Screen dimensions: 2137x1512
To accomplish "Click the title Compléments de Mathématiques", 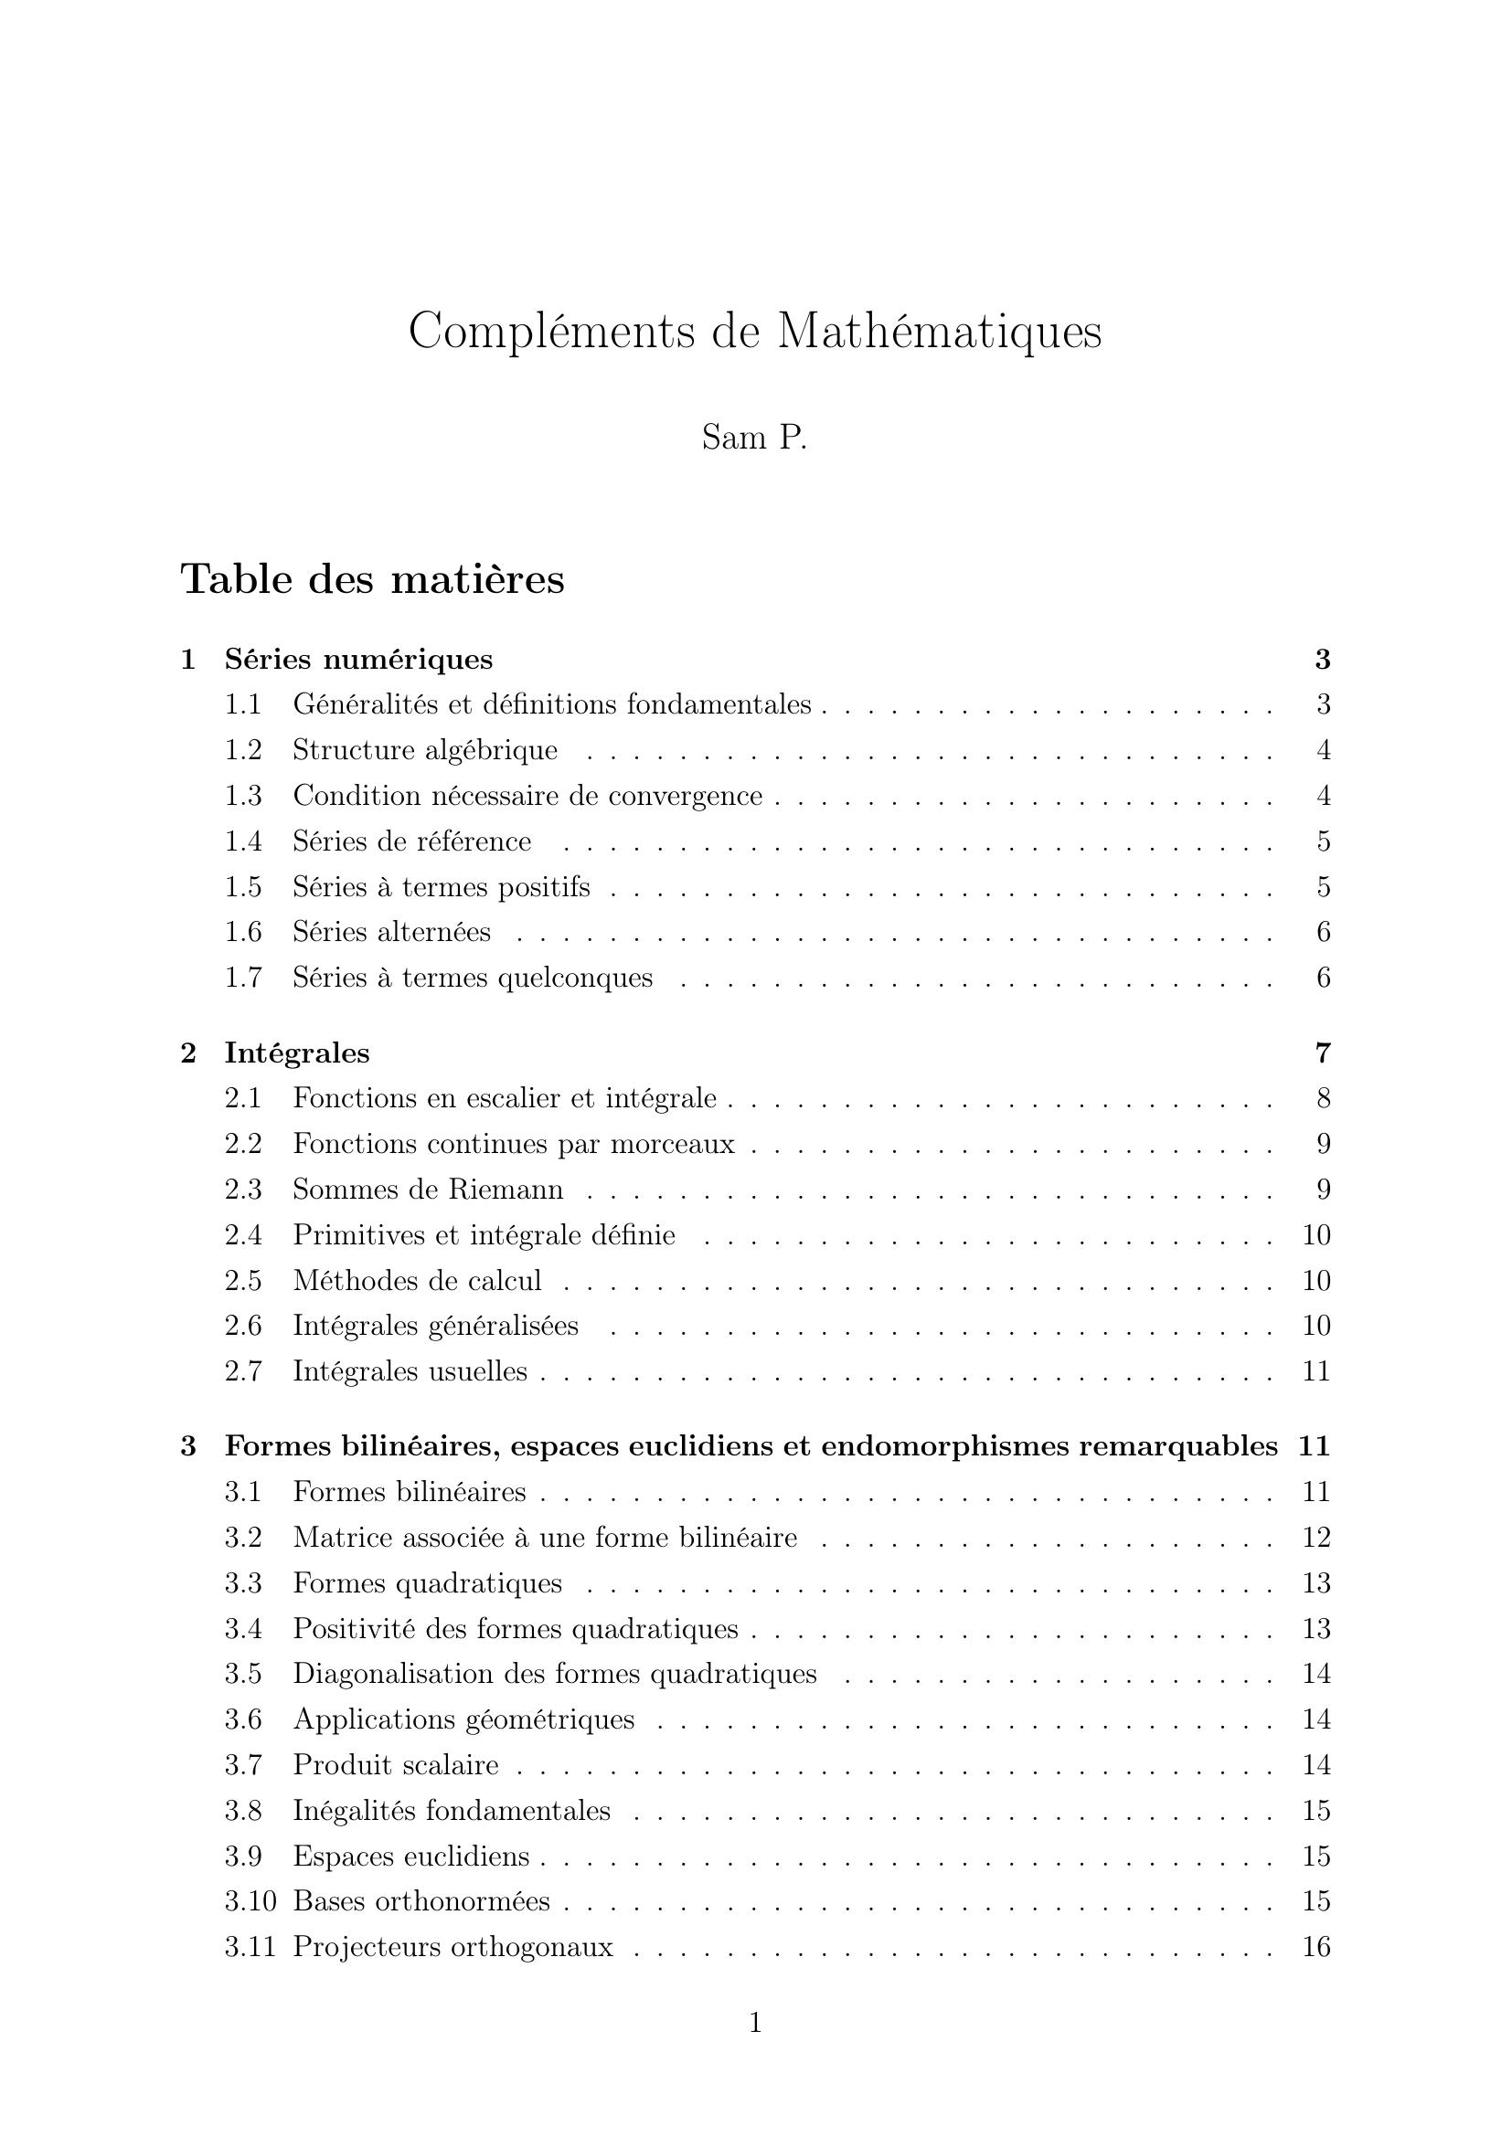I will [755, 332].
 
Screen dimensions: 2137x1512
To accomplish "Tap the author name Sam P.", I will [754, 438].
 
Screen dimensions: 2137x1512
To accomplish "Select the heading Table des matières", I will [372, 579].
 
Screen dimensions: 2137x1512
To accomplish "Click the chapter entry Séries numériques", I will [358, 659].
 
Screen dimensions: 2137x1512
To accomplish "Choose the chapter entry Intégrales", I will [297, 1053].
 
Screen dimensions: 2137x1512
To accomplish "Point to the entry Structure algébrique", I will [425, 750].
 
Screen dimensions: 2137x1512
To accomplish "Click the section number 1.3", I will [243, 796].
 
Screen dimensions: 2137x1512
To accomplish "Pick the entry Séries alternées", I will [392, 932].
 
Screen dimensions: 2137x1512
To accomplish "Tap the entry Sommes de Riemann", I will [428, 1190].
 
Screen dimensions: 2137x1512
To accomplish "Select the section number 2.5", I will [243, 1281].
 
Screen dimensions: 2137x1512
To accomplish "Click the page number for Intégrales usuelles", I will [1315, 1371].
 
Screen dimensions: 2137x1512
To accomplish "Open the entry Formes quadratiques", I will [428, 1583].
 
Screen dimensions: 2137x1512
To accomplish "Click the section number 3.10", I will [250, 1901].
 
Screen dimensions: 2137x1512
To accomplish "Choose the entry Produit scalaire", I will [396, 1766].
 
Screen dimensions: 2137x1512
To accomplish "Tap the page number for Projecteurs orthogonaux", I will [1315, 1947].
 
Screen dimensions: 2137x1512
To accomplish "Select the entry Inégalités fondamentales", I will [452, 1810].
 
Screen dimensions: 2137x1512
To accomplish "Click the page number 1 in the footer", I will [755, 2023].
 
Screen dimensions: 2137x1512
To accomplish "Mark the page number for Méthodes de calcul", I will [1315, 1281].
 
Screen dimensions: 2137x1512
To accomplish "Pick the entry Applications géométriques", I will [463, 1719].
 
